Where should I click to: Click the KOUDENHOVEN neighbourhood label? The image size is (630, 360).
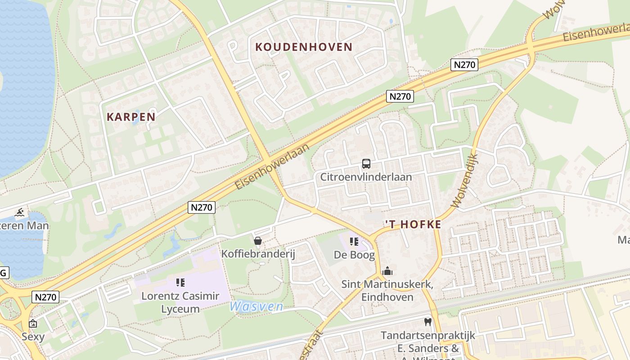(x=304, y=47)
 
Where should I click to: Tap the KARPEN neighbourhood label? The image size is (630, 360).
(x=131, y=117)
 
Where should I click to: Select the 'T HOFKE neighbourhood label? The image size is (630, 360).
(x=413, y=225)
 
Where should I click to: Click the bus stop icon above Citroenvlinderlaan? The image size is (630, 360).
(x=366, y=164)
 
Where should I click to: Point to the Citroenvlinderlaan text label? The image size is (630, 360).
(x=366, y=177)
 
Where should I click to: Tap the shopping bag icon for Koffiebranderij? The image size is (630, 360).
(x=258, y=241)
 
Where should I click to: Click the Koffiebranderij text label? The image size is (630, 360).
(x=258, y=254)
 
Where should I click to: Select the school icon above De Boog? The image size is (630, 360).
(x=354, y=242)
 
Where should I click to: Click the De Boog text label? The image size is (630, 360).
(x=354, y=255)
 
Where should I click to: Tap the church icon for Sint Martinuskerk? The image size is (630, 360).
(x=387, y=271)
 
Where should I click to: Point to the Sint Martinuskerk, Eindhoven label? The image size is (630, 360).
(x=387, y=291)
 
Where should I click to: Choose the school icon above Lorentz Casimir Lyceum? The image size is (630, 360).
(x=180, y=283)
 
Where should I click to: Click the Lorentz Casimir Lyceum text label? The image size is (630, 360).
(x=180, y=302)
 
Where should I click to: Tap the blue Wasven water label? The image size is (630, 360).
(x=256, y=306)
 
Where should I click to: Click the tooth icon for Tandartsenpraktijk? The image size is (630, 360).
(x=427, y=322)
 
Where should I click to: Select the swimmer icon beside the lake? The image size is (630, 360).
(x=19, y=212)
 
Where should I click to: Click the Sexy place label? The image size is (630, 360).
(x=33, y=337)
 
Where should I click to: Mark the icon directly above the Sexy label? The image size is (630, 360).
(x=33, y=324)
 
